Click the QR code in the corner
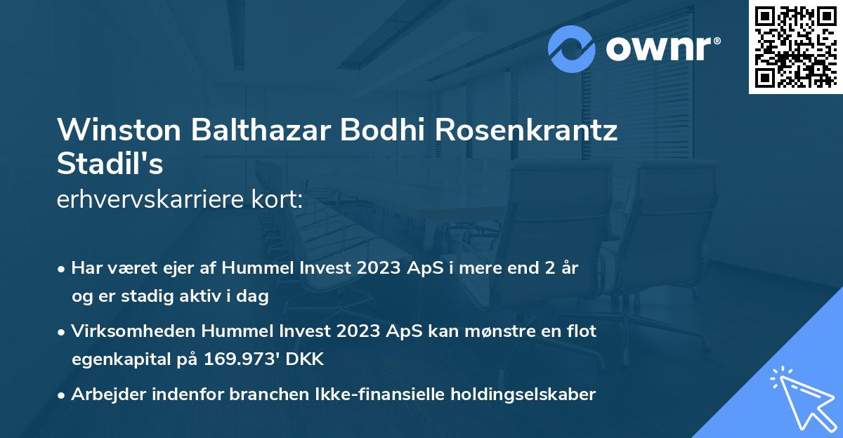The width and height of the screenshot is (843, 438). point(795,47)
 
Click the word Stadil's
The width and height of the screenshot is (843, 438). point(110,164)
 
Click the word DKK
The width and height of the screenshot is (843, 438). point(305,360)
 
